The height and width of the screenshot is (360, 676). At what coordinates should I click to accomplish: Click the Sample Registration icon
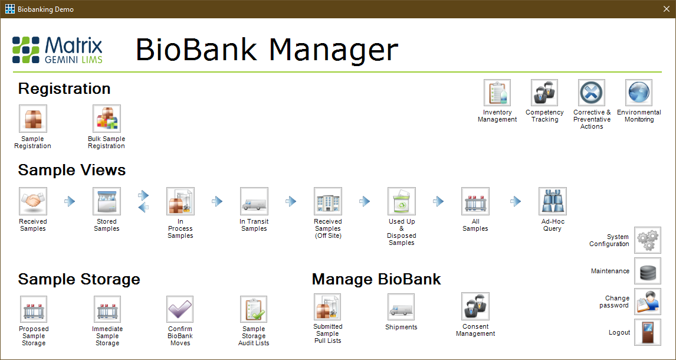(33, 119)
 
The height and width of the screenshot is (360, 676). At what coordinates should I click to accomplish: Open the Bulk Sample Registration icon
(107, 119)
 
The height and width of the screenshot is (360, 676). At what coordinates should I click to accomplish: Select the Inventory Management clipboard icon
(497, 93)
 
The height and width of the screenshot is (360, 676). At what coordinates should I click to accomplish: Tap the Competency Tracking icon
(544, 93)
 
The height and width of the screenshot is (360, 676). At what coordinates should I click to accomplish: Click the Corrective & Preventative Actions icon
(592, 93)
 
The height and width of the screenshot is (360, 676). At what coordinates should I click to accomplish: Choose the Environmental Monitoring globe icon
(639, 93)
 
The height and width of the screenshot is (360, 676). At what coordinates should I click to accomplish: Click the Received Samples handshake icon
(33, 201)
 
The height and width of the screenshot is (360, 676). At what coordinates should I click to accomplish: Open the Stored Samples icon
(107, 201)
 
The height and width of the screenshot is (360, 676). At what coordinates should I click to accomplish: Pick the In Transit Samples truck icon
(254, 201)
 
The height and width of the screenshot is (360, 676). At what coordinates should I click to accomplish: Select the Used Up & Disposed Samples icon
(402, 201)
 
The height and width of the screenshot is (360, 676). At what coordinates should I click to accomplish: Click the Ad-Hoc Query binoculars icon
(553, 201)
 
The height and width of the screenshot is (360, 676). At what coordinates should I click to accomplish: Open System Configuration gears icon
(648, 240)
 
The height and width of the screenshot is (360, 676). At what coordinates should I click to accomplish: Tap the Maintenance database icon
(648, 271)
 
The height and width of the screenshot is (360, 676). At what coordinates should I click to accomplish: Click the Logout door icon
(648, 332)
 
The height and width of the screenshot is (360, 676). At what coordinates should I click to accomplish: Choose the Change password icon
(648, 302)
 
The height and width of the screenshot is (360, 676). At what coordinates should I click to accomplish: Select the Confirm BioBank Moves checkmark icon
(181, 309)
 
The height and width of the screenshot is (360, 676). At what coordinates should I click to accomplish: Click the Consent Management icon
(475, 306)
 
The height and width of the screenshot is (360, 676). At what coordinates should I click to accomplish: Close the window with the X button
(666, 9)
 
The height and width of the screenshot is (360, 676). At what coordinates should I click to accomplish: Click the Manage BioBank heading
(376, 279)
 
